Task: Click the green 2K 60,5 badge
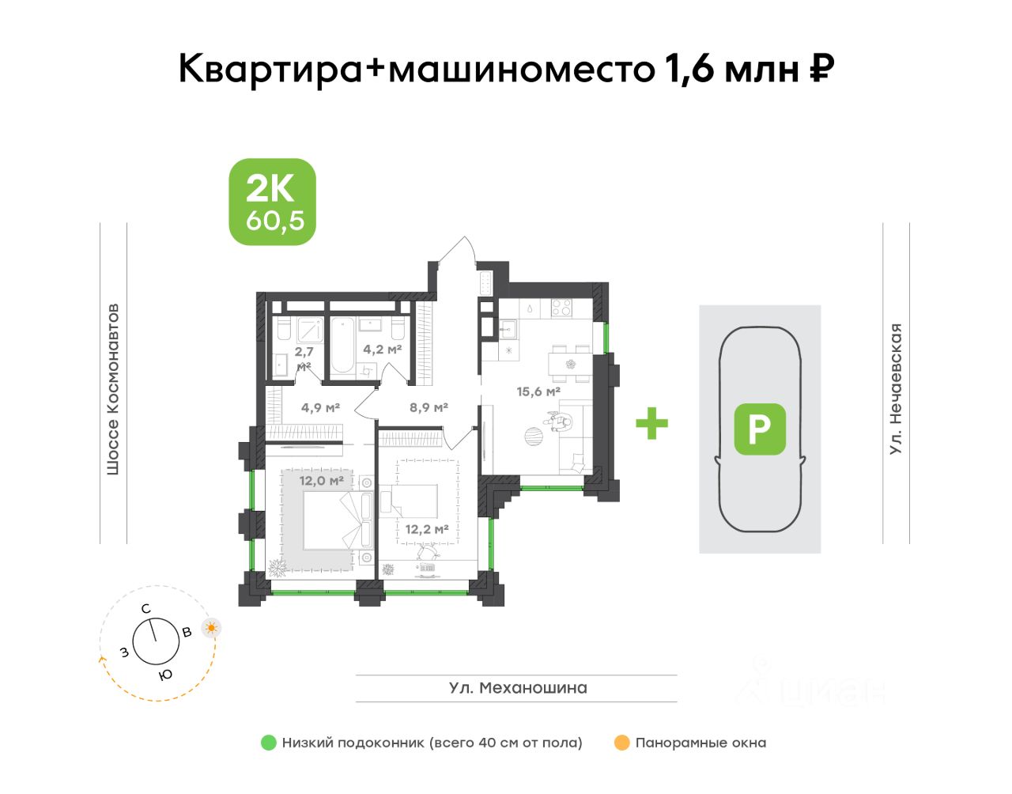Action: [272, 202]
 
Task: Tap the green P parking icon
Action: [760, 429]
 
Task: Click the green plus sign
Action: [651, 423]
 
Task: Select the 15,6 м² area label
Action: [538, 391]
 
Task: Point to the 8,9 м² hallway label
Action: [429, 408]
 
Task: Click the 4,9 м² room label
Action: [320, 408]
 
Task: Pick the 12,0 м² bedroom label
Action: [321, 480]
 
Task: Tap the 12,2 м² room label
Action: [427, 530]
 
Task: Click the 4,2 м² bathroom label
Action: [383, 349]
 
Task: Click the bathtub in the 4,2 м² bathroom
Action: [343, 345]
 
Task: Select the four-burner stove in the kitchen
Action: [561, 308]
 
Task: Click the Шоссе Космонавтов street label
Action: [113, 389]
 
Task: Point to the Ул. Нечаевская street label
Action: [896, 389]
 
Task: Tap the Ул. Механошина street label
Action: [518, 688]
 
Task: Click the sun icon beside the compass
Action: [211, 628]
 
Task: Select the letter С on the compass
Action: [145, 609]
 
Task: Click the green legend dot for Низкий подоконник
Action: [269, 743]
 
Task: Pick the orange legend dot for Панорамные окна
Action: [621, 743]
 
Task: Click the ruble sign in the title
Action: [821, 69]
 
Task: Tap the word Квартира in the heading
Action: [270, 70]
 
